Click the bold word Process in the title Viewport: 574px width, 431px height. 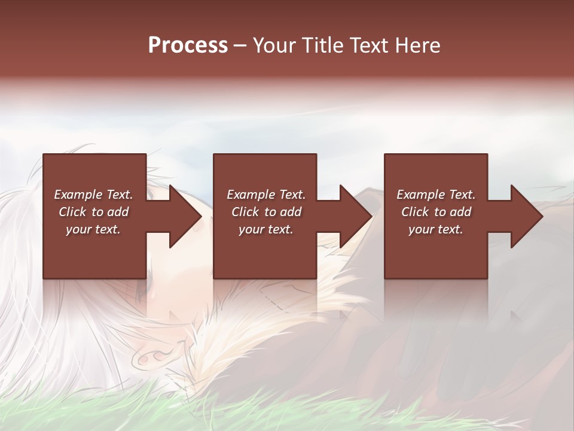click(188, 45)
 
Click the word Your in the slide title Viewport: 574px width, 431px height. click(274, 45)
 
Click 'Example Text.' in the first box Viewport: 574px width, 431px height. click(93, 195)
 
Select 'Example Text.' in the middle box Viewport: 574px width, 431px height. click(266, 195)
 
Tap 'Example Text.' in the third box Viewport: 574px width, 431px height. click(436, 195)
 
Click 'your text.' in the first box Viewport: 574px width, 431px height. click(93, 229)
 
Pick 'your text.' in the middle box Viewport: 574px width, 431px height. click(266, 229)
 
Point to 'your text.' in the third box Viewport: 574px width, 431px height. click(436, 229)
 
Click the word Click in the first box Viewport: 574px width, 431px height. click(73, 212)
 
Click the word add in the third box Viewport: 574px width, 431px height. click(460, 212)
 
